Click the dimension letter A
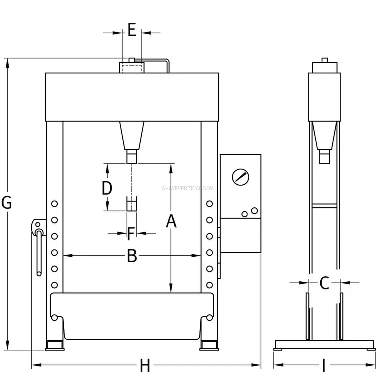[171, 221]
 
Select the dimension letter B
[132, 256]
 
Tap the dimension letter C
[324, 283]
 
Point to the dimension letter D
[107, 188]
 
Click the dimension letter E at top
[132, 30]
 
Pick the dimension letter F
[131, 234]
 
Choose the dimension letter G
[6, 203]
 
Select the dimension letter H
[145, 365]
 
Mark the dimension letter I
[324, 365]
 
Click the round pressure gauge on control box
[240, 177]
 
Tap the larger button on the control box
[254, 211]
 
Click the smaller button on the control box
[244, 214]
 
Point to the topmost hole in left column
[55, 204]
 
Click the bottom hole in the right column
[210, 285]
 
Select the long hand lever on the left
[39, 253]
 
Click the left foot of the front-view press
[55, 345]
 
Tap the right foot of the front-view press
[209, 345]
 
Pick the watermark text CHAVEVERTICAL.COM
[187, 188]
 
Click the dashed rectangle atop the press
[132, 68]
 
